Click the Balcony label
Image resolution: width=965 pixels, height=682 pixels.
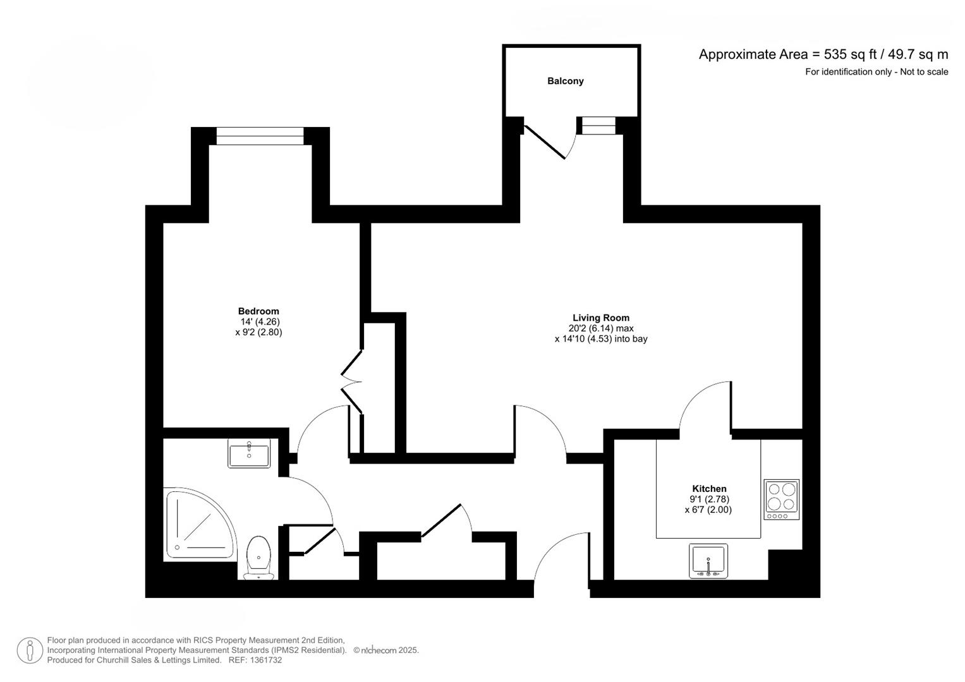(x=565, y=81)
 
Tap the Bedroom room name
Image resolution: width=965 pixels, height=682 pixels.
(x=258, y=311)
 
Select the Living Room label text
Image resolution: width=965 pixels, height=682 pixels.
(x=600, y=318)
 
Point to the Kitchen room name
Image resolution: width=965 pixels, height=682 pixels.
(x=709, y=488)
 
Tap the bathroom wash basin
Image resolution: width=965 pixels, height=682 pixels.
(x=249, y=453)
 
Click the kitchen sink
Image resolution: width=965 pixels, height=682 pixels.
(x=708, y=560)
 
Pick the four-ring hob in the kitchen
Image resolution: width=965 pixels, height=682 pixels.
(x=782, y=499)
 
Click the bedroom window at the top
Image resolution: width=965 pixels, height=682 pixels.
(x=260, y=136)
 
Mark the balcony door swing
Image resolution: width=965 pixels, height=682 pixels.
(x=550, y=142)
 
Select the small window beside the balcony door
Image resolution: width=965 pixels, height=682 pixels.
(x=598, y=126)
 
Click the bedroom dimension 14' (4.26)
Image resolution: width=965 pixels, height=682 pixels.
(x=258, y=321)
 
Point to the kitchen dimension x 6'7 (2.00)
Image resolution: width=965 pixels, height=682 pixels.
(x=708, y=510)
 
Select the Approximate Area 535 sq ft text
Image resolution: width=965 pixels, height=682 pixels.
(x=823, y=54)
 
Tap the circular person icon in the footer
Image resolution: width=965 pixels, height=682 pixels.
(x=30, y=650)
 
